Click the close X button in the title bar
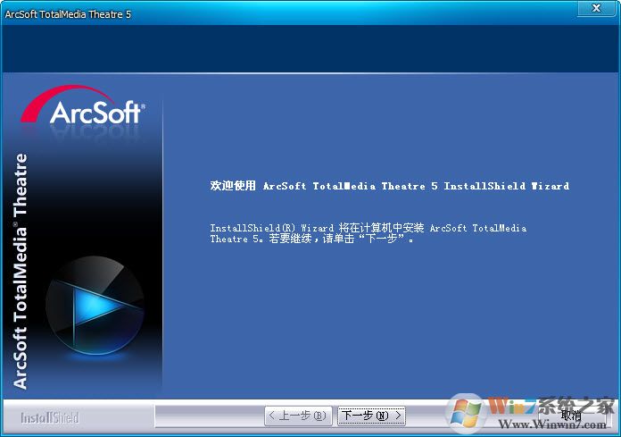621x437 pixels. [592, 9]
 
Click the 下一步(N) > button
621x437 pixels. [371, 416]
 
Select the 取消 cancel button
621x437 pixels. [571, 416]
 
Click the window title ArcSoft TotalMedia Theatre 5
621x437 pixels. [68, 14]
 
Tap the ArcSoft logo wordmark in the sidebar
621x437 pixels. [95, 113]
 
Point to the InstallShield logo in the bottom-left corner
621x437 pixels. [49, 417]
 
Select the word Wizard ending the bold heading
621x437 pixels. [550, 186]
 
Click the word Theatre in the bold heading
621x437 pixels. [403, 186]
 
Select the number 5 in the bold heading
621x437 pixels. [434, 186]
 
